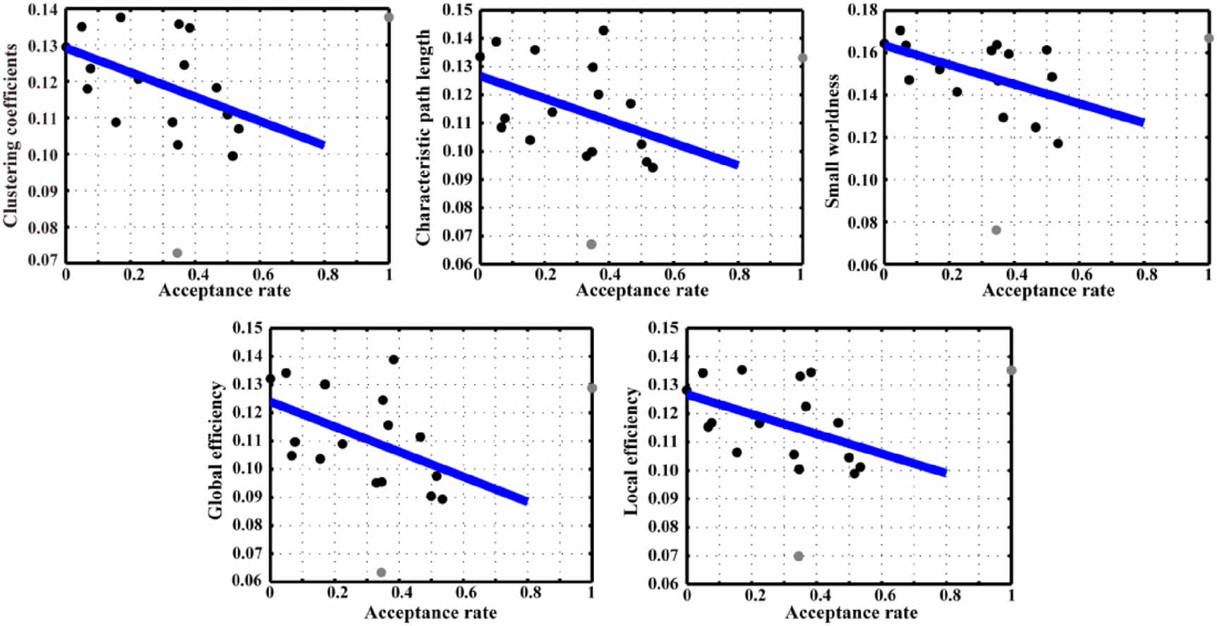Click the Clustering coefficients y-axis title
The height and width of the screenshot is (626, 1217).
click(11, 135)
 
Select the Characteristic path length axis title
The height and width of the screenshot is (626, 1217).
click(423, 138)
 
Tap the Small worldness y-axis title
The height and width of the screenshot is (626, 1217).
click(833, 140)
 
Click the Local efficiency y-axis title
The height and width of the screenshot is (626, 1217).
click(631, 452)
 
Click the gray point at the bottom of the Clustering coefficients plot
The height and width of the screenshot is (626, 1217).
click(177, 253)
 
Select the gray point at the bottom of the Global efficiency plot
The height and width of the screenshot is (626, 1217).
click(381, 572)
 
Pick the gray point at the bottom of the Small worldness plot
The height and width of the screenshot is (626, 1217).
click(996, 230)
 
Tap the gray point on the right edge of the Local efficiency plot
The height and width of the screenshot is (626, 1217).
click(1012, 371)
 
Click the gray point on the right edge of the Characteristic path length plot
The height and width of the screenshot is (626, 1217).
click(802, 58)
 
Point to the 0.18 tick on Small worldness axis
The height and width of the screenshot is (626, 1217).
click(862, 10)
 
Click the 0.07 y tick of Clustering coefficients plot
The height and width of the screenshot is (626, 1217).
click(42, 260)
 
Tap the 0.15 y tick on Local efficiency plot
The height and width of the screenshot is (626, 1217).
click(663, 328)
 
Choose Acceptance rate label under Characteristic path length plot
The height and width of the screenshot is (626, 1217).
click(642, 290)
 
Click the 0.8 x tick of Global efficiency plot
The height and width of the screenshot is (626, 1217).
click(531, 594)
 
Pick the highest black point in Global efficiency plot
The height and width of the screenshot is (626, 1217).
click(394, 360)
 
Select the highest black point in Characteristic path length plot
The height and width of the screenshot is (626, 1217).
click(603, 30)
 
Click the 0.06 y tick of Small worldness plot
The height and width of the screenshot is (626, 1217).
click(862, 265)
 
